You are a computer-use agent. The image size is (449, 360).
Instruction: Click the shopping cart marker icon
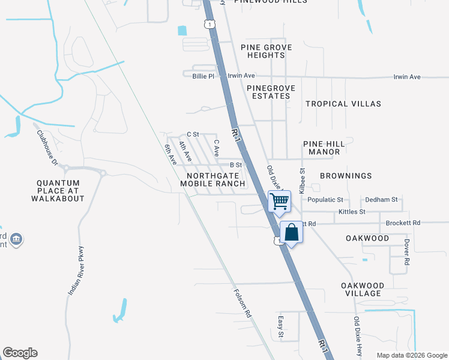[279, 202]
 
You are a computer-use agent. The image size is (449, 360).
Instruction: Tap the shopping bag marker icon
[291, 232]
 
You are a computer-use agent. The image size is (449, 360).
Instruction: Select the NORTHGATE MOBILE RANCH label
[213, 179]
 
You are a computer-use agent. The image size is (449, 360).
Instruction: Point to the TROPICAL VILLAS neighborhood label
[343, 104]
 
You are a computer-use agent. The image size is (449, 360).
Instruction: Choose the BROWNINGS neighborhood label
[345, 176]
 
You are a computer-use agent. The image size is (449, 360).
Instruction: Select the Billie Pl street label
[203, 76]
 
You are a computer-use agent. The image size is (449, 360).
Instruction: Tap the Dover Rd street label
[406, 253]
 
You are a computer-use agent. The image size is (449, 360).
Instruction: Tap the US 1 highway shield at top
[208, 23]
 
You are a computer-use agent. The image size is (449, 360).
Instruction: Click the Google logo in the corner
[20, 353]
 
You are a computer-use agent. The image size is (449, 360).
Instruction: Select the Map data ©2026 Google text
[411, 355]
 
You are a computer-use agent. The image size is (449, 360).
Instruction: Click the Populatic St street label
[325, 199]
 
